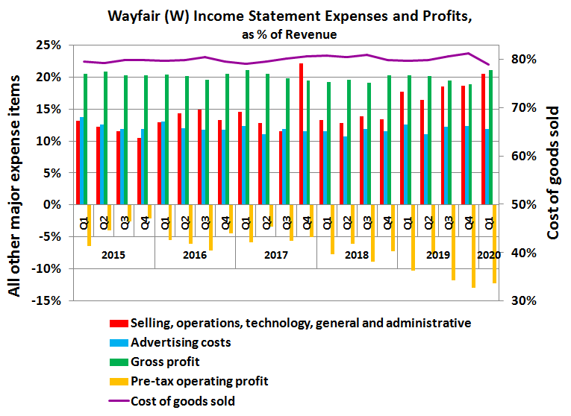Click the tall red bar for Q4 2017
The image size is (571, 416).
pos(301,134)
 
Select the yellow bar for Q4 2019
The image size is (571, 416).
pos(473,245)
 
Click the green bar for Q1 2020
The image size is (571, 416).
pos(490,137)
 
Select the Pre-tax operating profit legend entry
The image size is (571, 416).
pos(198,382)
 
